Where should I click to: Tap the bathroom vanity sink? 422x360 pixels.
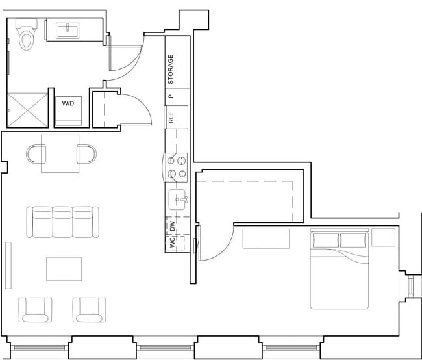[68, 30]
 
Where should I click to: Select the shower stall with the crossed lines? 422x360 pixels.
[27, 109]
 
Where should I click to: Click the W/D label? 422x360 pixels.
[68, 103]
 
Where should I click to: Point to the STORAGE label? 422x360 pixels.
[171, 70]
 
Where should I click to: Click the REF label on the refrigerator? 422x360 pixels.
[171, 117]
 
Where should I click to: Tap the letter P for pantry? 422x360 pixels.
[171, 96]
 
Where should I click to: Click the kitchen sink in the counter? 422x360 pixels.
[177, 200]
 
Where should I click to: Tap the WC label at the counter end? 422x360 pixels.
[172, 244]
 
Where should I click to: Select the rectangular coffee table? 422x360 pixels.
[64, 268]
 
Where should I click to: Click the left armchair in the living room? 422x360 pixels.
[36, 309]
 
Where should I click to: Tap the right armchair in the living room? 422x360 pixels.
[89, 309]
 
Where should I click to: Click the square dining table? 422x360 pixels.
[60, 153]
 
